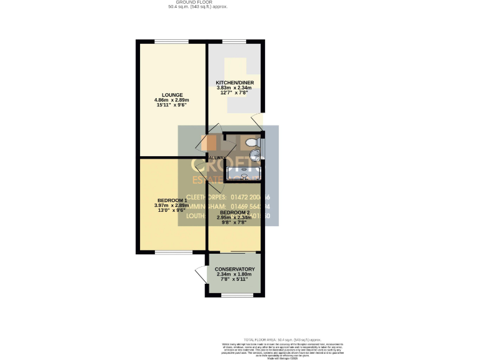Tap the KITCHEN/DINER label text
point(234,82)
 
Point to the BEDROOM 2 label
point(234,212)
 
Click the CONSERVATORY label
point(234,270)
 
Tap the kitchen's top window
point(234,41)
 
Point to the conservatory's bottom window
point(234,294)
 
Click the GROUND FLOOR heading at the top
point(198,2)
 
